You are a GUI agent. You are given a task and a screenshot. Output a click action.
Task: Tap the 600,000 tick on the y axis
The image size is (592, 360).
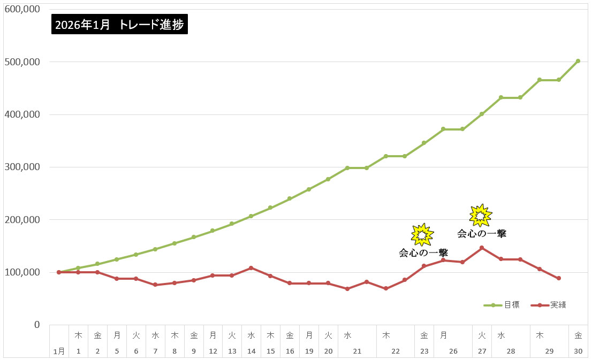point(22,9)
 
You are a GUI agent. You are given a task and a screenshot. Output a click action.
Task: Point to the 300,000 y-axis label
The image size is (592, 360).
point(22,167)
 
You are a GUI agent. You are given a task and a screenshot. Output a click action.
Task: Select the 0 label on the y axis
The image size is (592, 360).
point(37,325)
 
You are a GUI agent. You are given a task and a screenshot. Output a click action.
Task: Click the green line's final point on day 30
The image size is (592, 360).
point(578,61)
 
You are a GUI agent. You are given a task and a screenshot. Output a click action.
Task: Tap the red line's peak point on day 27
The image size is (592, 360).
point(482,248)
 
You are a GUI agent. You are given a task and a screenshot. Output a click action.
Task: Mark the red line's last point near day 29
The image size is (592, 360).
point(559,278)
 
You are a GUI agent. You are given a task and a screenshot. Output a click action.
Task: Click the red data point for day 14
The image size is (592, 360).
point(251,268)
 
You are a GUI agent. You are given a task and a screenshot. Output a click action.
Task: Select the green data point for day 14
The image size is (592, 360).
point(251,216)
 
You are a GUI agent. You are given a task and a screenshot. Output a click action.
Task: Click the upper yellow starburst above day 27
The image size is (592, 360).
point(480,215)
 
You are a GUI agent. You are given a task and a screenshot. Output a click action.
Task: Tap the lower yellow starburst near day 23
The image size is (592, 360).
point(422,234)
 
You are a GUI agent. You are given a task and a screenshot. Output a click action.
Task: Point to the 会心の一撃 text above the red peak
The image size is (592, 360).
point(481,234)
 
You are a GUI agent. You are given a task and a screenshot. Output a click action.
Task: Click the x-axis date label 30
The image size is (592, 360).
point(578,351)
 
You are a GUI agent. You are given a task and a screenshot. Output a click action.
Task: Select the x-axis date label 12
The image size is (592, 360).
point(212,351)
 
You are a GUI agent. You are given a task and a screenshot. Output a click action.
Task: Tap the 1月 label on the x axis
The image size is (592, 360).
point(59,351)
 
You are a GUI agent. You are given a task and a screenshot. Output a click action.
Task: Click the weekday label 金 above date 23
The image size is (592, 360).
point(424,335)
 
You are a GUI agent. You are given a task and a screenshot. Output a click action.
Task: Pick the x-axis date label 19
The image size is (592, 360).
point(309,351)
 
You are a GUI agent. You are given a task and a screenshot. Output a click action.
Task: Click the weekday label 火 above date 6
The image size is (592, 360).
point(136,335)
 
